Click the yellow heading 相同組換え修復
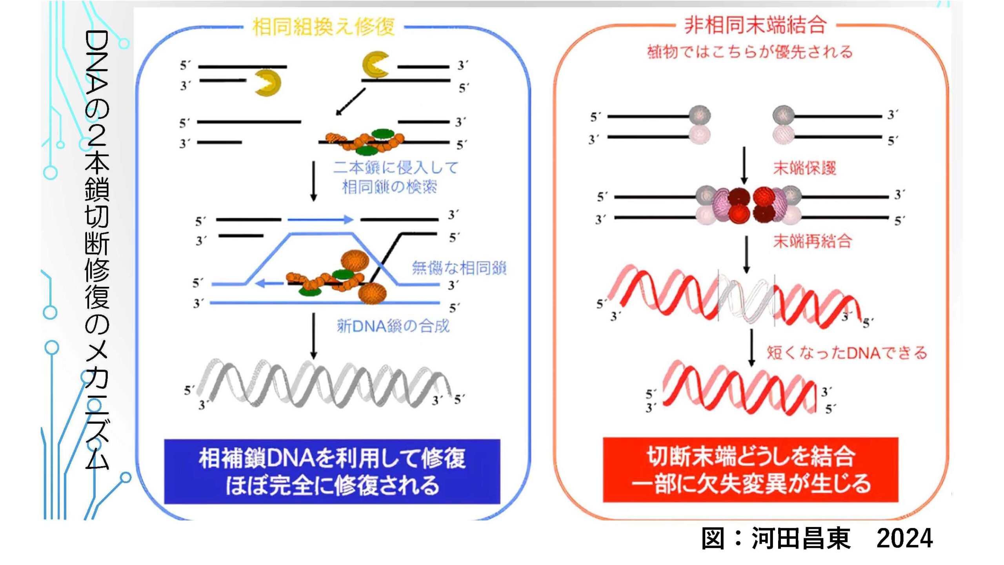point(323,27)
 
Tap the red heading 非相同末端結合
point(755,26)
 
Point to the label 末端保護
point(804,168)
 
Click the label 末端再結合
point(812,241)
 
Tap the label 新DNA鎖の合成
point(393,326)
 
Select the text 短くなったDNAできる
point(847,352)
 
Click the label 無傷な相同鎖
point(459,268)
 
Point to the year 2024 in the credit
point(904,538)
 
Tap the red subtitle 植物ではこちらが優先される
point(750,52)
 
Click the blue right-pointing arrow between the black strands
point(320,219)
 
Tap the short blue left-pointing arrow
point(269,283)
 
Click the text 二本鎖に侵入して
point(396,168)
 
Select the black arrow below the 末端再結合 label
point(746,255)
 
